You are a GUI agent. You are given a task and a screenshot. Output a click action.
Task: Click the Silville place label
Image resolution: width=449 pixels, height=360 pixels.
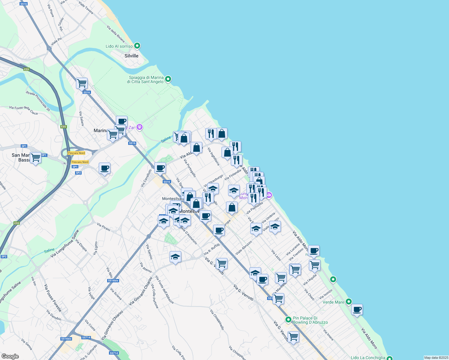(131, 56)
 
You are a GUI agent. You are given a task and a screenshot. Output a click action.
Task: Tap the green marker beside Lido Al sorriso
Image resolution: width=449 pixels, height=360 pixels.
(137, 46)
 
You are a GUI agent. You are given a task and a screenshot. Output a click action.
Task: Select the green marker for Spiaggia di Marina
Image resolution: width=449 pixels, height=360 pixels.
(168, 79)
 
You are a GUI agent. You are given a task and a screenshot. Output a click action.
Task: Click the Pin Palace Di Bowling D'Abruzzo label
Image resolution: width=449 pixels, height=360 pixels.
(310, 320)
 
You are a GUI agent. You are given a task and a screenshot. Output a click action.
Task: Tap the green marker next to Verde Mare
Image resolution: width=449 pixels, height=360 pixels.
(348, 301)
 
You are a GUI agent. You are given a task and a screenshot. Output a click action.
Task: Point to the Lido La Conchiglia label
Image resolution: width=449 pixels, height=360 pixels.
(368, 358)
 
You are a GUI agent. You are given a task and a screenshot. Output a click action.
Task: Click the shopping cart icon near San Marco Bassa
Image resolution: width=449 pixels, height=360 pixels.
(35, 157)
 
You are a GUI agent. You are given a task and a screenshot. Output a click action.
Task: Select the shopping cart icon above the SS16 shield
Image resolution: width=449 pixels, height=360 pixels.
(82, 83)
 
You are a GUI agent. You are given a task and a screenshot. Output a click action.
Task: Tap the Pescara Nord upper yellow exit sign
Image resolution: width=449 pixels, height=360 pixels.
(77, 153)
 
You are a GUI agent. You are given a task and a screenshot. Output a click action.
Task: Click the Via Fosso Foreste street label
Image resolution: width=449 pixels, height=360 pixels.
(53, 298)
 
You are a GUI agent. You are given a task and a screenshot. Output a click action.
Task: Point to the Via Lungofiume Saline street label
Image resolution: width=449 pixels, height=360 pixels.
(65, 244)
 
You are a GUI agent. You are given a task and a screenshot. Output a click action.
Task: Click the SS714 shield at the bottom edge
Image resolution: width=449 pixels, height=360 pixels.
(114, 353)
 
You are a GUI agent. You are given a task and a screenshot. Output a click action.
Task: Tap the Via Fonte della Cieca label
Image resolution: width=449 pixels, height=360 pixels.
(23, 110)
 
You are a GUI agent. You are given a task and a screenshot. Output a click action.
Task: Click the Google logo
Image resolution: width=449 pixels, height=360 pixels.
(10, 356)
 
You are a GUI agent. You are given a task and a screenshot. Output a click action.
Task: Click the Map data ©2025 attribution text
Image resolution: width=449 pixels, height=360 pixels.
(436, 358)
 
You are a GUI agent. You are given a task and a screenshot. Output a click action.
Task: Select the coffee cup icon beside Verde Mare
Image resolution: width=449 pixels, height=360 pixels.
(357, 309)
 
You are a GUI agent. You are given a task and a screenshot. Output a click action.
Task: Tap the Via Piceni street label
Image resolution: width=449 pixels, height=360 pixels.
(104, 227)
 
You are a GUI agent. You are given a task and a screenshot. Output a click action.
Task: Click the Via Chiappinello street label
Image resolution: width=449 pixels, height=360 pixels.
(217, 320)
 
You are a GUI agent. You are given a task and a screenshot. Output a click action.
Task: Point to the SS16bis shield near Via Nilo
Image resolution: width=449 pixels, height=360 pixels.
(113, 280)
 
